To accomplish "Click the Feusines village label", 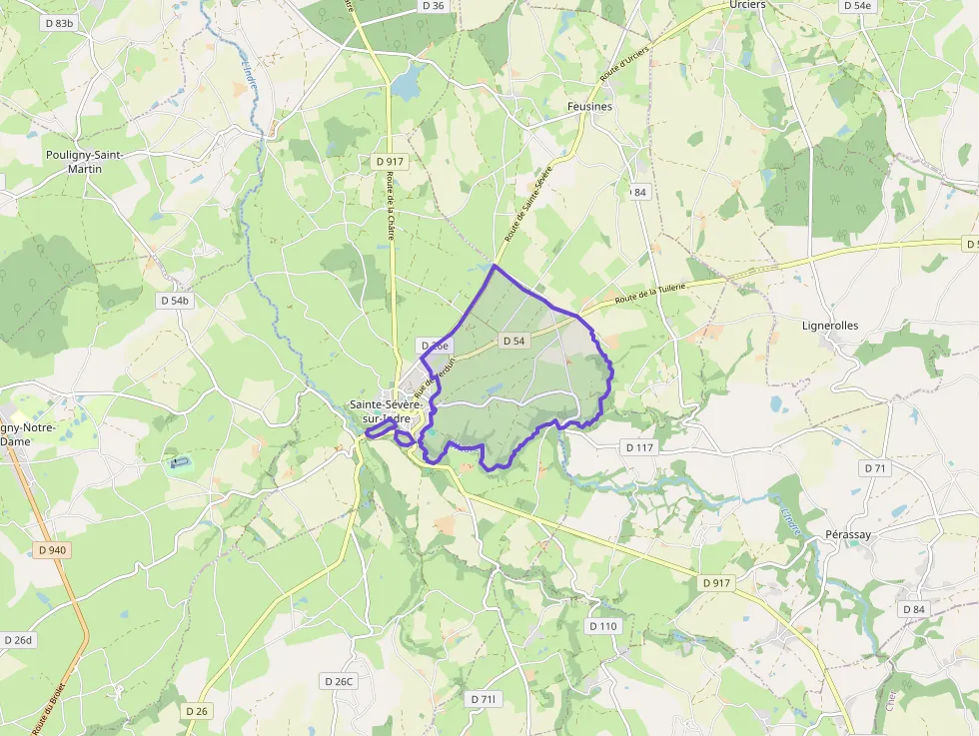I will [x=589, y=106].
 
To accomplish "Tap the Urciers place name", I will [x=747, y=5].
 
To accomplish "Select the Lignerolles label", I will [x=830, y=326].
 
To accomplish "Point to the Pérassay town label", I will [x=848, y=535].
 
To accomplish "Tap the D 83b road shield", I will [x=59, y=23].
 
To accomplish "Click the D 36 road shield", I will [x=434, y=6].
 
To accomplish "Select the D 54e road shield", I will [x=857, y=6].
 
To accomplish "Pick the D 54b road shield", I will [x=174, y=300].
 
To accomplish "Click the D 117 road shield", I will [x=639, y=447].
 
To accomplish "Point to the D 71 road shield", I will [x=874, y=468].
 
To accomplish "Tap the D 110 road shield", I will [x=603, y=626].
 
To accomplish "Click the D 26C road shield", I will [x=339, y=681].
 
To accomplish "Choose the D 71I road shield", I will [x=483, y=699].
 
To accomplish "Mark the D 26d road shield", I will [x=18, y=640].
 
